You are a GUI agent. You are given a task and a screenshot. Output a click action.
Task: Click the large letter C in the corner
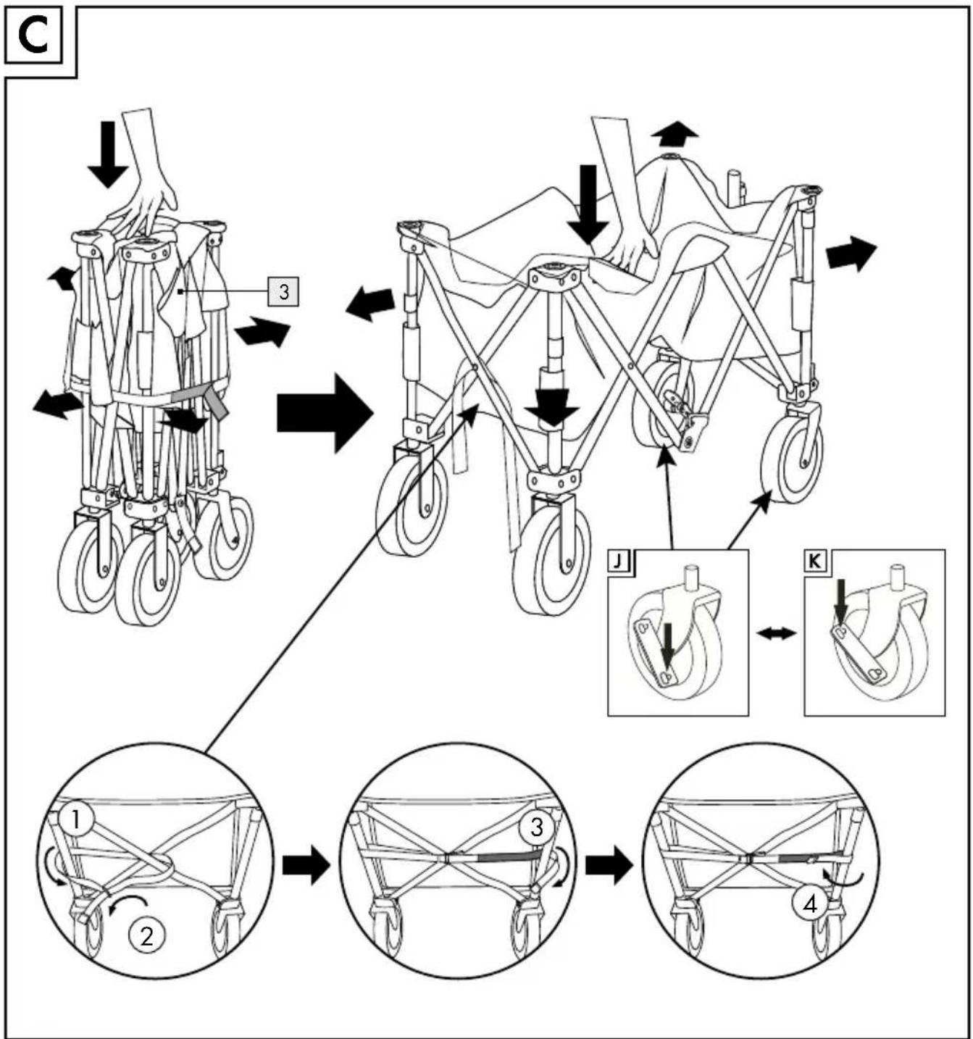coord(33,38)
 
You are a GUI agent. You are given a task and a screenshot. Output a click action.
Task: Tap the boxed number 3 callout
coord(283,291)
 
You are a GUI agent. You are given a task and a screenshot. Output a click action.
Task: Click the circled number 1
coord(76,819)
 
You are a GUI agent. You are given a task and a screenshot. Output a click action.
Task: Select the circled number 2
coord(147,935)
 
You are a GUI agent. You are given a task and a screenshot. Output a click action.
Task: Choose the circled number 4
coord(809,904)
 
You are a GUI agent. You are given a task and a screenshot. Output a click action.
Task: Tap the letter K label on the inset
coord(815,562)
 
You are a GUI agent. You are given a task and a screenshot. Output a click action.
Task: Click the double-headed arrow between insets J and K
coord(777,633)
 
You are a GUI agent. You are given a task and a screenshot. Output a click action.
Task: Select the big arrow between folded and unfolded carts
coord(325,413)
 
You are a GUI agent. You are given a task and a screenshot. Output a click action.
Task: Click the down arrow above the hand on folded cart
coord(108,154)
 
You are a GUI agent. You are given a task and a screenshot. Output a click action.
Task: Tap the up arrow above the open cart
coord(675,133)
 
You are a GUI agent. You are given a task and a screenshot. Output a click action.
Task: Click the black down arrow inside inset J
coord(667,648)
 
